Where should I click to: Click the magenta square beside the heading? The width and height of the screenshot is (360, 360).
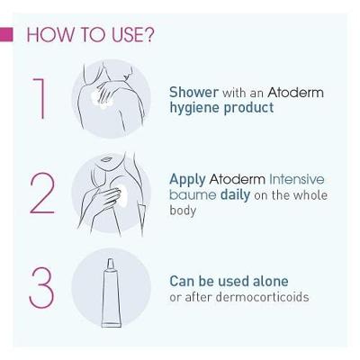7,35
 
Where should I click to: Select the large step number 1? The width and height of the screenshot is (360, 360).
38,99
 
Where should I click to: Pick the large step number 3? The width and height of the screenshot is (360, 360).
41,285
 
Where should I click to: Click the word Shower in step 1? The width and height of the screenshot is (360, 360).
192,92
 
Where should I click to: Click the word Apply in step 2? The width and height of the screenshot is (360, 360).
186,179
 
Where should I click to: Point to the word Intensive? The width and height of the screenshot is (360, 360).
296,178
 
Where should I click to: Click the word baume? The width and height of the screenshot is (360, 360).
190,195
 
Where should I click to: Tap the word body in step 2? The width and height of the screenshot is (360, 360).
184,211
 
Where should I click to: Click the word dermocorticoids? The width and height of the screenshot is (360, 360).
255,297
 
